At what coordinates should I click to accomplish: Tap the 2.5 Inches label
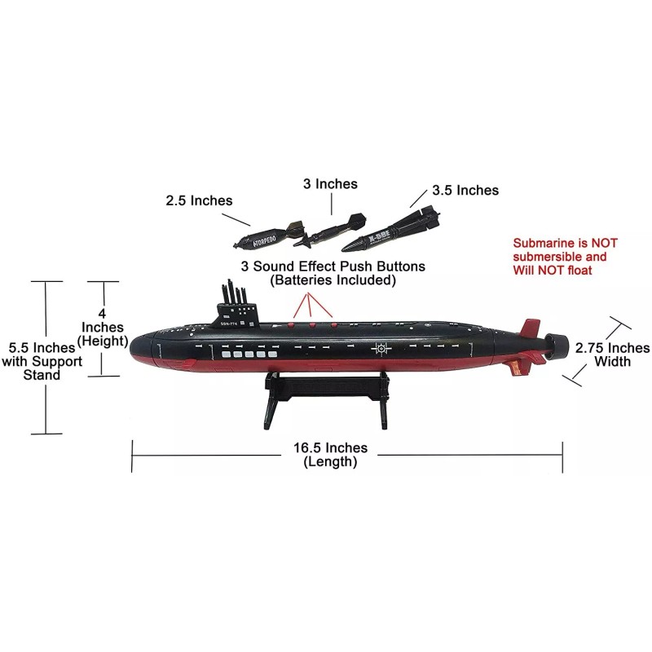[x=199, y=200]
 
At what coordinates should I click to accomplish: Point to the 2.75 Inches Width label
[x=612, y=354]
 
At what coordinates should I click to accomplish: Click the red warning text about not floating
[x=565, y=256]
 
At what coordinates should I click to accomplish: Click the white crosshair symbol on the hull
[x=380, y=349]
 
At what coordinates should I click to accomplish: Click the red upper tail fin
[x=532, y=327]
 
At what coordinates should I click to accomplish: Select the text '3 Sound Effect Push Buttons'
[x=333, y=267]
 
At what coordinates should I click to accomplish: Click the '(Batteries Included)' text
[x=333, y=280]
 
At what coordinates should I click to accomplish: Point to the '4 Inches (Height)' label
[x=103, y=328]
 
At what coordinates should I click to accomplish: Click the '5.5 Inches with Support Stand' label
[x=42, y=360]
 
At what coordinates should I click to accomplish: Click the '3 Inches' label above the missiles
[x=329, y=184]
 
